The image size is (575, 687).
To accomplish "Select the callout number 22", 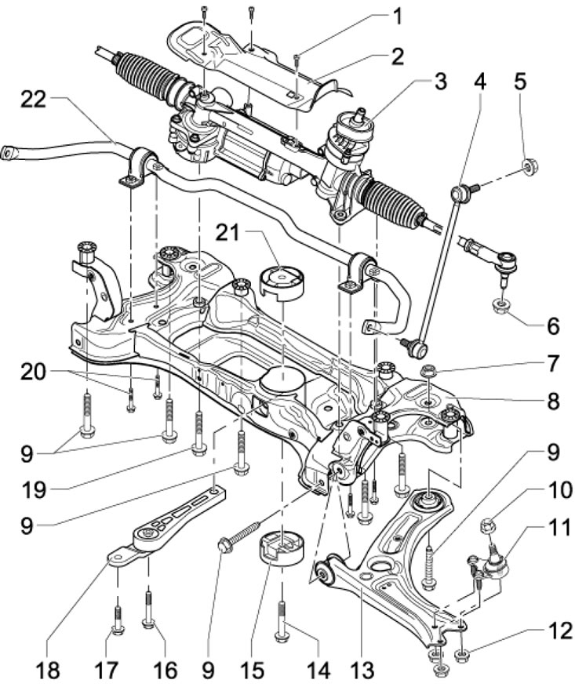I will (x=32, y=100).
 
